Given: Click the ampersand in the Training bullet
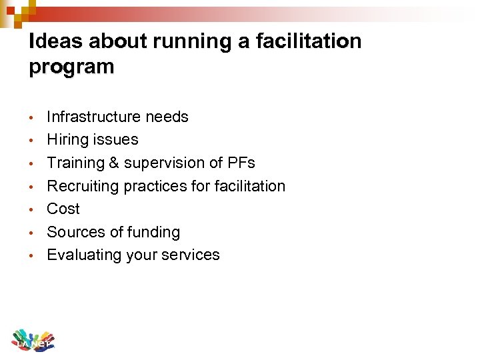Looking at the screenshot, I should [115, 163].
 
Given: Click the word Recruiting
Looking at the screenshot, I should [79, 186].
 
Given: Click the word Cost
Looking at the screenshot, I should [63, 209].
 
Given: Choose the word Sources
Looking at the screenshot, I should [74, 232].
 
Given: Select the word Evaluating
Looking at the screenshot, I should [81, 255].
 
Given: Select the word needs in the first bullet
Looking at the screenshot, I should [167, 117].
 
